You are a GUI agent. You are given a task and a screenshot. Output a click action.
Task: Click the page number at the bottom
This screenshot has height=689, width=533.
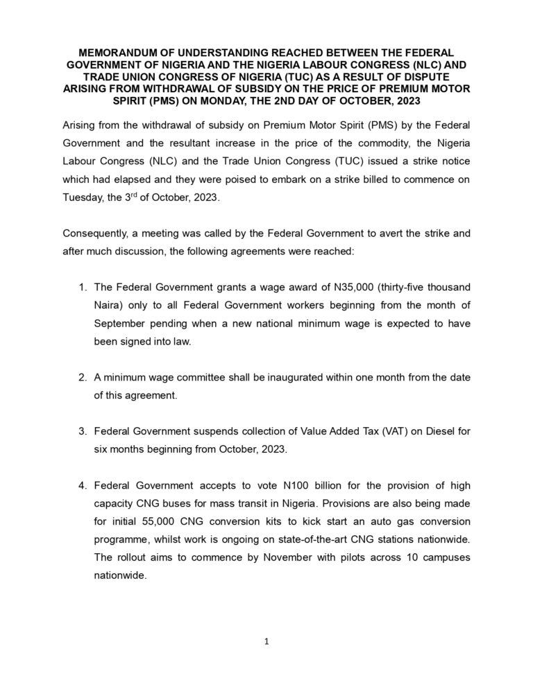[x=266, y=642]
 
